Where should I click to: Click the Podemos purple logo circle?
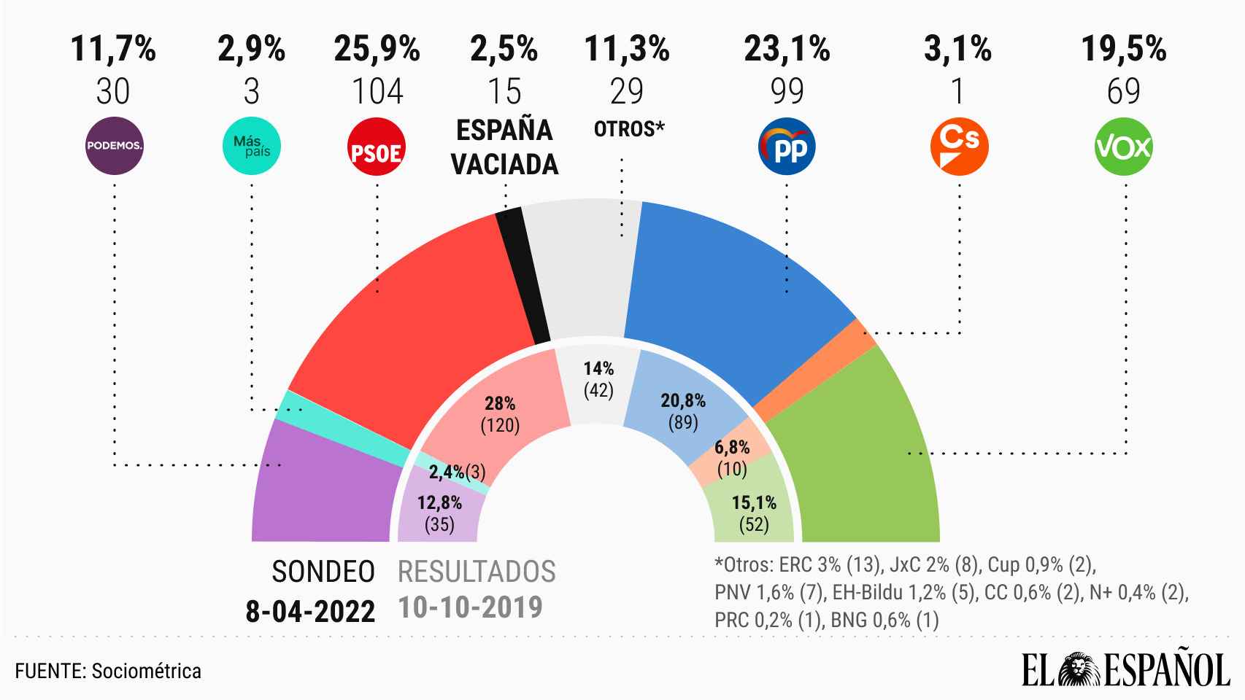coord(115,146)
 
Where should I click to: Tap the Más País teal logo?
coord(252,146)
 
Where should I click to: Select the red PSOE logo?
coord(377,148)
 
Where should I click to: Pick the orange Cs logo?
coord(959,147)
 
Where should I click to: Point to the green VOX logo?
coord(1124,147)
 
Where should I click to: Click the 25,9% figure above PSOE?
coord(377,49)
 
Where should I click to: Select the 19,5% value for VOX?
coord(1124,49)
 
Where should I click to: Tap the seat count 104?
coord(377,92)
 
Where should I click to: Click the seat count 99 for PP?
coord(787,92)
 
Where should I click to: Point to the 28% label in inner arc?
coord(500,403)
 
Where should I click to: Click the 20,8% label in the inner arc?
coord(683,400)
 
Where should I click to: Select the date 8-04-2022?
coord(310,611)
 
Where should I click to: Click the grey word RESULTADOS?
coord(477,572)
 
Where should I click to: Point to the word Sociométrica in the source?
coord(146,671)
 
